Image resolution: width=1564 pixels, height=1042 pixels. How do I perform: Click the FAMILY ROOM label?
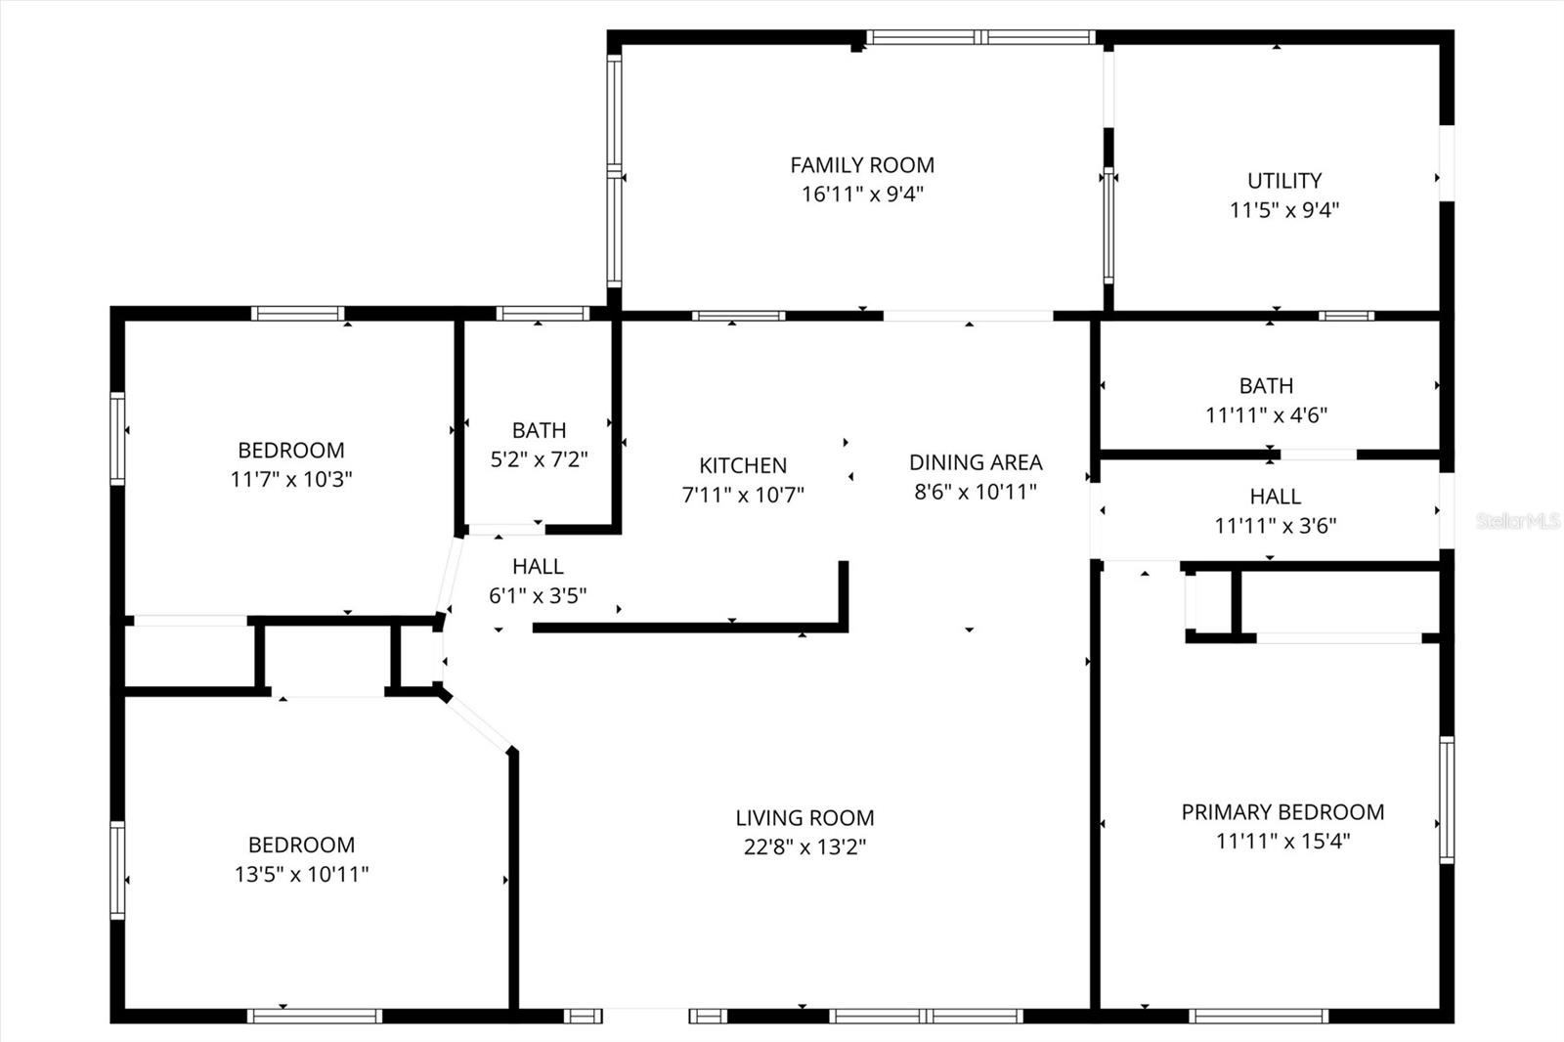click(861, 165)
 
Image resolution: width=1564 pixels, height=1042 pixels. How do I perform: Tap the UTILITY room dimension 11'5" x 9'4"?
click(1283, 210)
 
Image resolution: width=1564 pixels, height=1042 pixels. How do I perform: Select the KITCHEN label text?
click(742, 465)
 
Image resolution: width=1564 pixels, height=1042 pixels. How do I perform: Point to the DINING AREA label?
click(975, 462)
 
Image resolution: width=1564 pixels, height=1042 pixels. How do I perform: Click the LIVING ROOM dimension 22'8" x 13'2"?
click(804, 847)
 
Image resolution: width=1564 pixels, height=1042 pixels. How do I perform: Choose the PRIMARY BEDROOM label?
click(1282, 812)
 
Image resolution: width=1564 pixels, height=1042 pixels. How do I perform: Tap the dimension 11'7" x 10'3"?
click(291, 479)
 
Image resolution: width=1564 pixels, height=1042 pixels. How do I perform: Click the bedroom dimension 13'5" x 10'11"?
click(301, 874)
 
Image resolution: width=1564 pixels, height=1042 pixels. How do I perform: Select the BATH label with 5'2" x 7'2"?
click(539, 430)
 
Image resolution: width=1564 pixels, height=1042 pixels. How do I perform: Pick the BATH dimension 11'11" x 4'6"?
click(1266, 414)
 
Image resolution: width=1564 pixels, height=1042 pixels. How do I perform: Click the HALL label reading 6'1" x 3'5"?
click(538, 567)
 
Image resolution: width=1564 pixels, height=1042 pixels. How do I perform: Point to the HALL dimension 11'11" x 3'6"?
click(1275, 526)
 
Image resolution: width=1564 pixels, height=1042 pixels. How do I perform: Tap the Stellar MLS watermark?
click(1517, 521)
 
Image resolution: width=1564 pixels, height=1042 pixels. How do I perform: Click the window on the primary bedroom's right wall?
click(1447, 800)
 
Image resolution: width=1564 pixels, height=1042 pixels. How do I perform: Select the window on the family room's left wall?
click(614, 170)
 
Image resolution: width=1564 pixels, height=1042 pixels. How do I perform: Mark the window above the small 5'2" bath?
click(543, 314)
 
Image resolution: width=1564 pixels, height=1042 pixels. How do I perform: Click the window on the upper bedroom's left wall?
click(117, 438)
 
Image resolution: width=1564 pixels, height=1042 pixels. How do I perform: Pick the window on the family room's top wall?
click(978, 37)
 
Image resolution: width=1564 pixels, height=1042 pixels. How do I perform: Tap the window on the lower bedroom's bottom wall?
click(314, 1017)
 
